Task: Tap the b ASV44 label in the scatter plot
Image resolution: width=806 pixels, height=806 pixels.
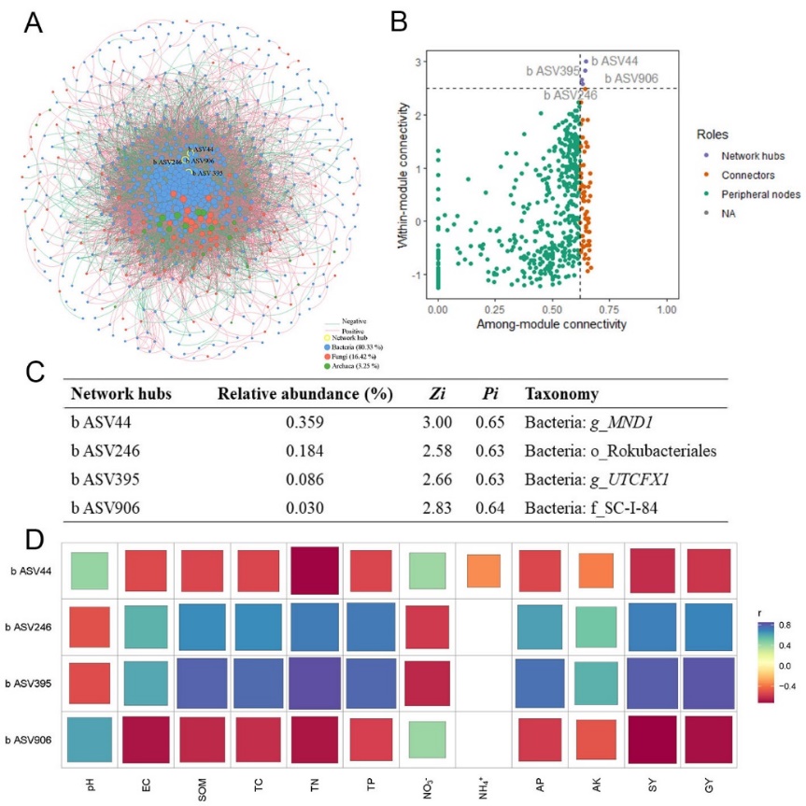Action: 615,60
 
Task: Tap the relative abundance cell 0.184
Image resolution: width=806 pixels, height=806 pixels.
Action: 304,452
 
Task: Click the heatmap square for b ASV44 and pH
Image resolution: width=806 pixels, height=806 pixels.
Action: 90,571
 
